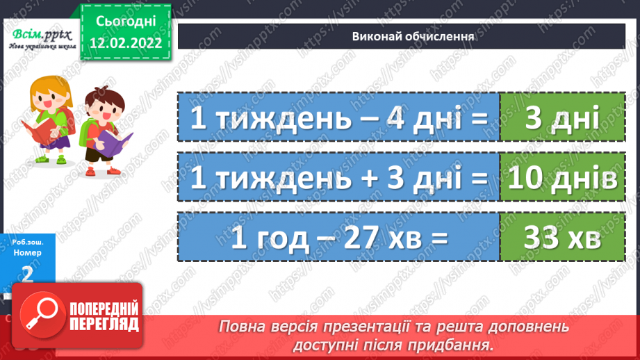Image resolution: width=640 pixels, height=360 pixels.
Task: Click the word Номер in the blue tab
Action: tap(27, 253)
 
